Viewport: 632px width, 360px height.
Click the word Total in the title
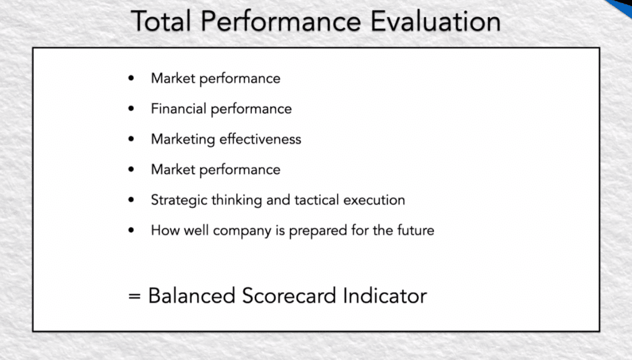161,21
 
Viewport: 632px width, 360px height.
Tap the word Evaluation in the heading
436,21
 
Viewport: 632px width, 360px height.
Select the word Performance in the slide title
281,21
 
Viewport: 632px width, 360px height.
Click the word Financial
178,109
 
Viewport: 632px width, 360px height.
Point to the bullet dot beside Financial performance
131,108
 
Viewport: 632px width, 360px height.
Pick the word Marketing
183,140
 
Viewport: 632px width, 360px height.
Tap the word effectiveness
260,139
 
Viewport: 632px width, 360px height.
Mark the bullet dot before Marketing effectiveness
131,139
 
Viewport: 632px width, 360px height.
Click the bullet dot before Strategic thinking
131,199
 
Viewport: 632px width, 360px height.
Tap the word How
165,230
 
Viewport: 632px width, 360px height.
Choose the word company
242,231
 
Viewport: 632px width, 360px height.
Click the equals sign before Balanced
134,296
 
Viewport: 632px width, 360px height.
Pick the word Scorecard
289,296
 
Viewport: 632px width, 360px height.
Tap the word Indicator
385,296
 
